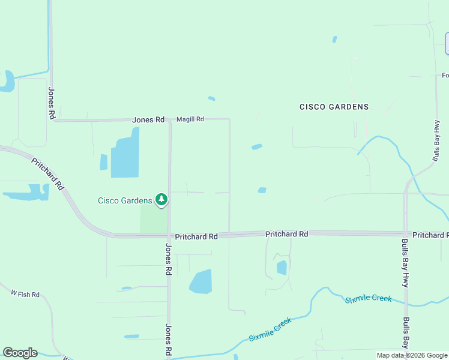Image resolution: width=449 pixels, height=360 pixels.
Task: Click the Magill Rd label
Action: tap(190, 119)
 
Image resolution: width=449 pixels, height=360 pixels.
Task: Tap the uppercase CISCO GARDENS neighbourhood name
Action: tap(334, 107)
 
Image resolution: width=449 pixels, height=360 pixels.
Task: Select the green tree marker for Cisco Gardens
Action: tap(161, 199)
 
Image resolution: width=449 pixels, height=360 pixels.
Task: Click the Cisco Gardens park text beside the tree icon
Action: tap(125, 200)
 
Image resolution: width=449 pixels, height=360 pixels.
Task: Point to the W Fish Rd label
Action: tap(25, 294)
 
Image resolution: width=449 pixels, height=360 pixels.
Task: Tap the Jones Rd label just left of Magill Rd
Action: tap(148, 120)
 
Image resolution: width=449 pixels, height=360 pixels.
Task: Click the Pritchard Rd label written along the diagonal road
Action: tap(48, 175)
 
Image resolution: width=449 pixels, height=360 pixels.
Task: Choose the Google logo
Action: tap(20, 353)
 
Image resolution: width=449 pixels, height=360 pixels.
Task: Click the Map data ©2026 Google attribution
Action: tap(412, 355)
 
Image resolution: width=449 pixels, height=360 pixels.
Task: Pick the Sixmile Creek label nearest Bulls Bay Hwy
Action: tap(368, 299)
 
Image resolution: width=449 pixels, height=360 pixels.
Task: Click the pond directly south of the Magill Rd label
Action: tap(200, 281)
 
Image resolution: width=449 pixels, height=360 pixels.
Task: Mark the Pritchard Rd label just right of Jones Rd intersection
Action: tap(196, 237)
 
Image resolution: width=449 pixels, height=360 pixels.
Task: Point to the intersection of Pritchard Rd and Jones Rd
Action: tap(169, 236)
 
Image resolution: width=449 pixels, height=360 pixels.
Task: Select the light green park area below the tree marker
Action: tap(153, 219)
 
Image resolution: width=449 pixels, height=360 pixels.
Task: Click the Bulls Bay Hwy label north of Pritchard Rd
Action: tap(436, 141)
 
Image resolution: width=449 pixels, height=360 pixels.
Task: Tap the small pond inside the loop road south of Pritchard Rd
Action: tap(282, 268)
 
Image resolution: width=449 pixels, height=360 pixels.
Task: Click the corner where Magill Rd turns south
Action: tap(229, 119)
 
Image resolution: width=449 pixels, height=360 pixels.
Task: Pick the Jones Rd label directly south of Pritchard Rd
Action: tap(169, 260)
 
